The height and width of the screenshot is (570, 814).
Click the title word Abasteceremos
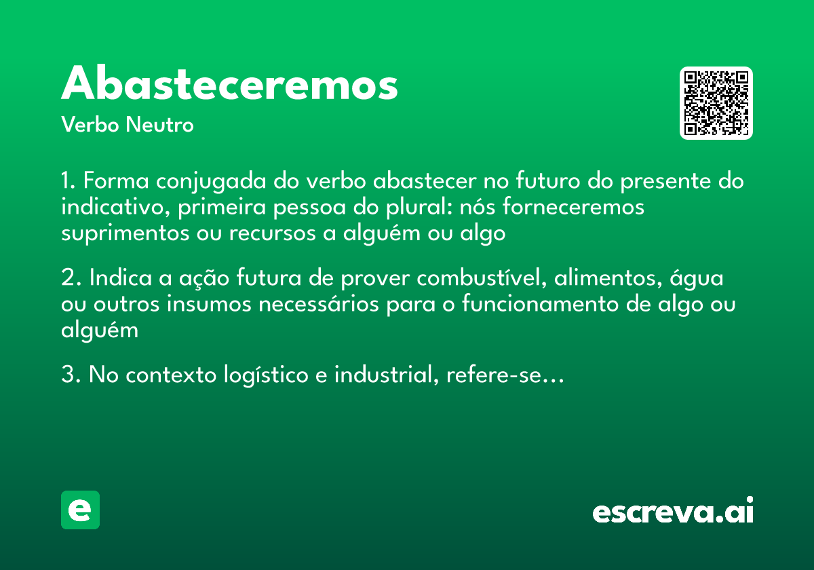[x=229, y=84]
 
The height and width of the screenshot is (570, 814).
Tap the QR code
[x=716, y=103]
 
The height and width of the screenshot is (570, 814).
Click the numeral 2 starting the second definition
[x=66, y=279]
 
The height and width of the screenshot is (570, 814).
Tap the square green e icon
[x=80, y=510]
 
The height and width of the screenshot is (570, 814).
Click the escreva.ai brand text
[x=673, y=511]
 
